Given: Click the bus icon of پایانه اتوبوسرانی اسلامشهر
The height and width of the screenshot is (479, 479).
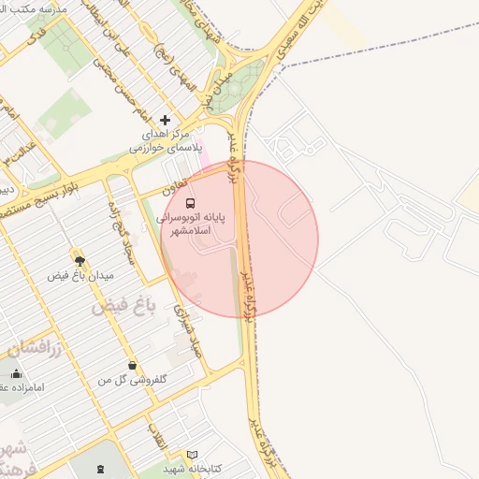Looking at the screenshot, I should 191,203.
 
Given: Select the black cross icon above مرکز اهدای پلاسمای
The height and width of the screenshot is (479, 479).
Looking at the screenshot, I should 166,120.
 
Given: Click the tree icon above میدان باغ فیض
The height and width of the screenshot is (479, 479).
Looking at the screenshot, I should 79,260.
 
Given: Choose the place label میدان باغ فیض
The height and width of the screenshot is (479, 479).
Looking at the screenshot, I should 80,277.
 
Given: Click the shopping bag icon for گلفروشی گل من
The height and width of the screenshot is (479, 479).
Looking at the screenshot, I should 132,365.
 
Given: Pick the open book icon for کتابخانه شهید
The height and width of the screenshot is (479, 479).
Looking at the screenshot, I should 193,454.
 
